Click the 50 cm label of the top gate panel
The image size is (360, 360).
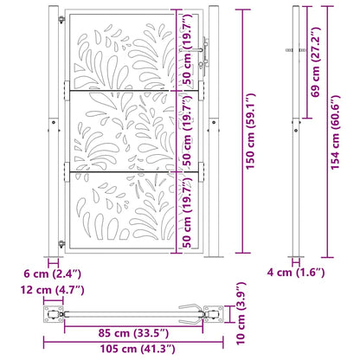click(186, 50)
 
